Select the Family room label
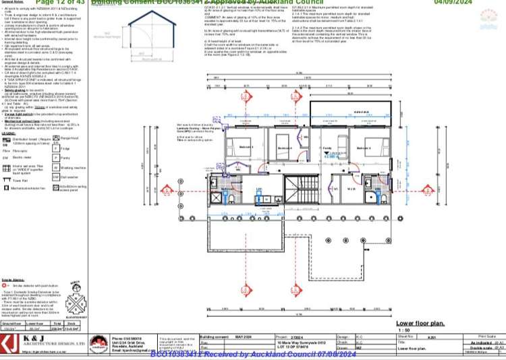(x=326, y=147)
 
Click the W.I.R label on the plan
(x=351, y=189)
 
